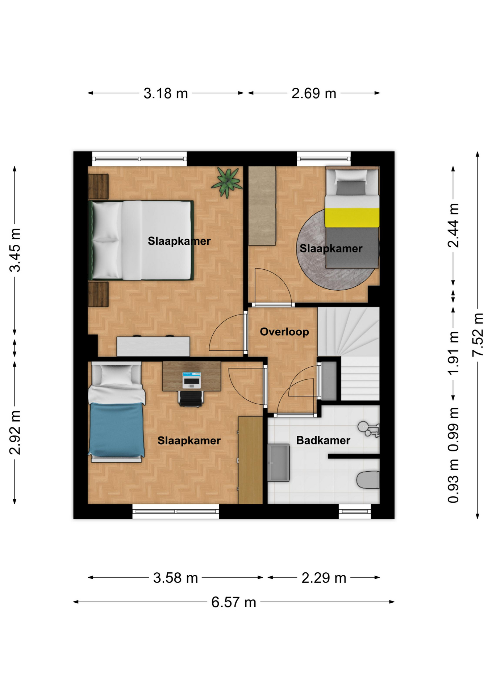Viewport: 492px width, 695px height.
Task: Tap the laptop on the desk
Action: click(191, 380)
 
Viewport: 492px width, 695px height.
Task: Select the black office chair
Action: click(191, 398)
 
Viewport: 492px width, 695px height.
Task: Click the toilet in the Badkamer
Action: click(368, 480)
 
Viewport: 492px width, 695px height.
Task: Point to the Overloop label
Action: click(284, 332)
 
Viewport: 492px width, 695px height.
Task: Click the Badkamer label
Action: click(323, 440)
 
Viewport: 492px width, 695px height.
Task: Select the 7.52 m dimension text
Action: click(478, 335)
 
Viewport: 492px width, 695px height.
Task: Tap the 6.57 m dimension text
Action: click(234, 602)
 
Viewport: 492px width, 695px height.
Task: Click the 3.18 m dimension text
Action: click(166, 93)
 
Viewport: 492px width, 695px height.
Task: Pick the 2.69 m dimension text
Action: click(314, 93)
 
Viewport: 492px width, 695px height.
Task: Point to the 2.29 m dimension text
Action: click(324, 578)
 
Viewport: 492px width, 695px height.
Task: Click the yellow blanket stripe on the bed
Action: click(352, 217)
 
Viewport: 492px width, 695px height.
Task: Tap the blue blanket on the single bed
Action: click(117, 430)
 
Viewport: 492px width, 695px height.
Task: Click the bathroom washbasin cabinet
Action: click(279, 463)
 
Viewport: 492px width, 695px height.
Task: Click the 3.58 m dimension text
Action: click(175, 578)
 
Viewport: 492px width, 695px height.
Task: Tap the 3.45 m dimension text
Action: click(15, 250)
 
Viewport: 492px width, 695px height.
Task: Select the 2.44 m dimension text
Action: click(453, 225)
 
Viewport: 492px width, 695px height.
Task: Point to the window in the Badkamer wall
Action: click(355, 511)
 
